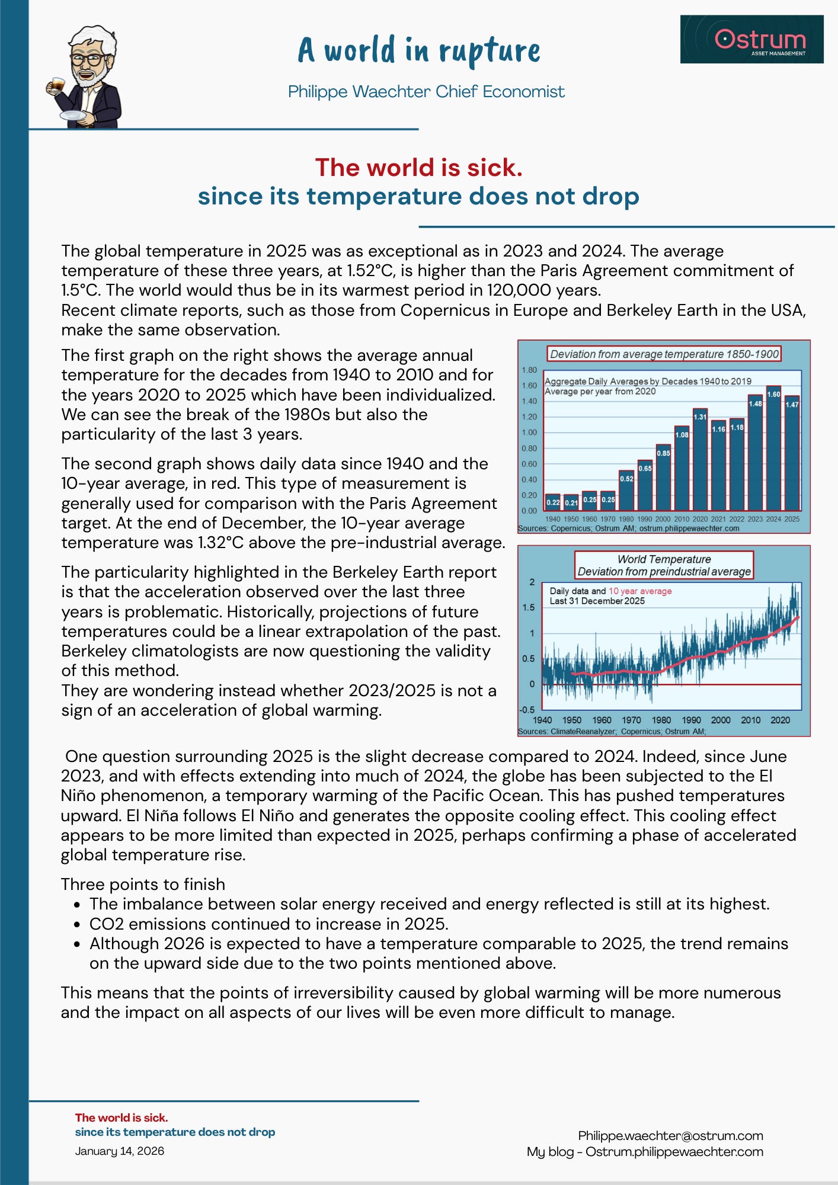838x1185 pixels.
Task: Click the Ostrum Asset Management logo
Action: [751, 39]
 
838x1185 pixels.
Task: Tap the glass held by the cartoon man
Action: [57, 85]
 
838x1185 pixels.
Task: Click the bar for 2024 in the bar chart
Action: [773, 449]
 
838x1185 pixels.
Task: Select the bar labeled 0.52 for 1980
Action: [626, 491]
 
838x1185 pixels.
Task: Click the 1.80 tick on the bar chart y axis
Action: [529, 370]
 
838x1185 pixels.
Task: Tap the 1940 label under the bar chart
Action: [552, 519]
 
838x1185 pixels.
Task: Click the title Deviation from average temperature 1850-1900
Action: [664, 354]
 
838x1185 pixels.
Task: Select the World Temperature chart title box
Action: [664, 565]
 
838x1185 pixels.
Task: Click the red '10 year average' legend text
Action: [640, 591]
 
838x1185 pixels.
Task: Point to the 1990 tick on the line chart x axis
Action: [691, 720]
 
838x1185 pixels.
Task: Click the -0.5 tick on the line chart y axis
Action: [527, 710]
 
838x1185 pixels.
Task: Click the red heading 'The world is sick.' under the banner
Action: [418, 168]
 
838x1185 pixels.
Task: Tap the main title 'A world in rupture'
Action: [418, 50]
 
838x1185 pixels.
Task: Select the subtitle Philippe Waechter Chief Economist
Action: [426, 92]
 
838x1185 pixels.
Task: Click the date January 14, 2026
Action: [120, 1151]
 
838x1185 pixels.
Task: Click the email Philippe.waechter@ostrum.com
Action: [670, 1136]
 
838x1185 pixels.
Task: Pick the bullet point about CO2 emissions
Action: [268, 924]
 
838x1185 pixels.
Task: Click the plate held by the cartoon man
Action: [73, 115]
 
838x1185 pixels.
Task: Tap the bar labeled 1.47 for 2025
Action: [792, 453]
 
